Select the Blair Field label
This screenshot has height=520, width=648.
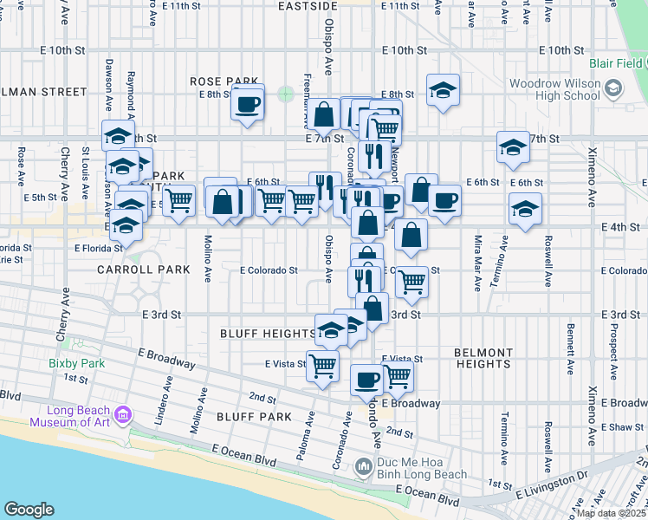615,63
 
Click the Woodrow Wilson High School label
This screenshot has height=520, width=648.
555,88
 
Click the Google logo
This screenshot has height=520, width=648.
29,510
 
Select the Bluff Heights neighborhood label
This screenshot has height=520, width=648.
268,333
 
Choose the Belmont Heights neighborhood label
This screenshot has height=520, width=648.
483,358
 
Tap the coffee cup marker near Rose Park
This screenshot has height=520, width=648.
247,105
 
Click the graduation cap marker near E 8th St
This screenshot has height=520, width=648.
443,91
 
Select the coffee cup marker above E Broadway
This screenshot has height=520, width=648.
366,380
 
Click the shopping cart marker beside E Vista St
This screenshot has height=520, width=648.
322,367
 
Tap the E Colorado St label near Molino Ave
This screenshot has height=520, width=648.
269,270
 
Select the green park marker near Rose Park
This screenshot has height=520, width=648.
286,93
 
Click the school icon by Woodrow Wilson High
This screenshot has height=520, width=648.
613,88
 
